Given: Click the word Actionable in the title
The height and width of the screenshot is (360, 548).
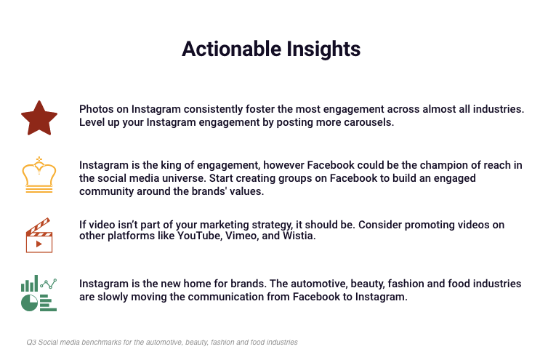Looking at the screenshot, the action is tap(232, 49).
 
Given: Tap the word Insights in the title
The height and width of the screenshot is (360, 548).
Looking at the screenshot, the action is tap(323, 49).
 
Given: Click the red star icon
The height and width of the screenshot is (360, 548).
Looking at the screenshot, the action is tap(39, 119).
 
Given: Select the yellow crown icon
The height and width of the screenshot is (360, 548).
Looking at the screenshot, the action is tap(39, 175).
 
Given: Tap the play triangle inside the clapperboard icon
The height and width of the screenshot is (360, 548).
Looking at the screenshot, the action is tap(39, 244).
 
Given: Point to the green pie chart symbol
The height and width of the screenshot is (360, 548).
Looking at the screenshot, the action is tap(29, 303).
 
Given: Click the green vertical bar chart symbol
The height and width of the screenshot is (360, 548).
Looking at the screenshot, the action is tap(29, 284).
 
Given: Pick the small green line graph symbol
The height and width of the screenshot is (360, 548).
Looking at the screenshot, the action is tap(49, 284).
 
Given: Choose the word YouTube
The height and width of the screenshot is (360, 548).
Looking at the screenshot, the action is tap(200, 236).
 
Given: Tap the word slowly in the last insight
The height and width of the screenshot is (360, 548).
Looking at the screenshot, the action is tap(113, 297).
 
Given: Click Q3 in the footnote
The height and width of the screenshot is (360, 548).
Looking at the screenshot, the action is tap(31, 342).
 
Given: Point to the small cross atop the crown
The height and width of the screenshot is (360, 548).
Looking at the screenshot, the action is tap(39, 159).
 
